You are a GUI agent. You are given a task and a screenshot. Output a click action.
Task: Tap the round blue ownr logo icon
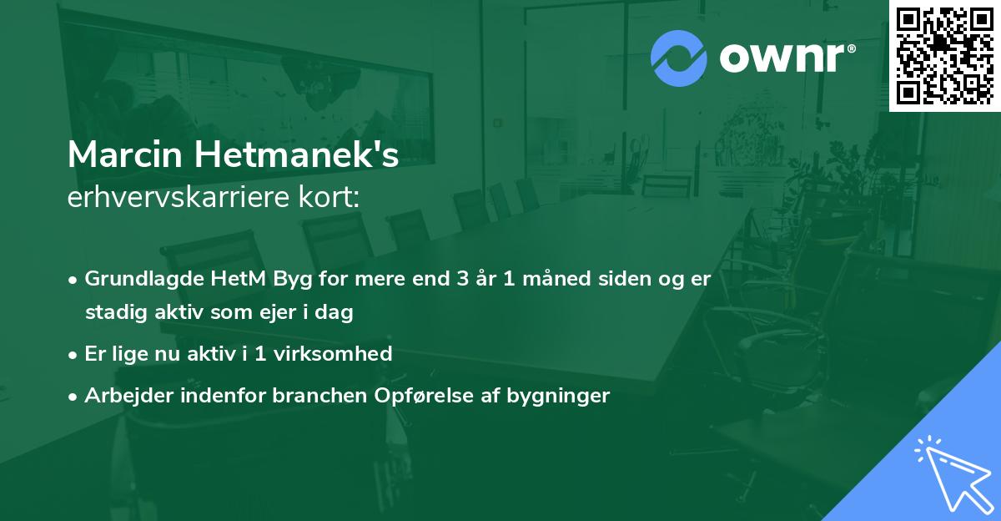tap(679, 58)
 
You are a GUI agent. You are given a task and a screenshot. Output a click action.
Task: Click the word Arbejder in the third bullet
tap(123, 395)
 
